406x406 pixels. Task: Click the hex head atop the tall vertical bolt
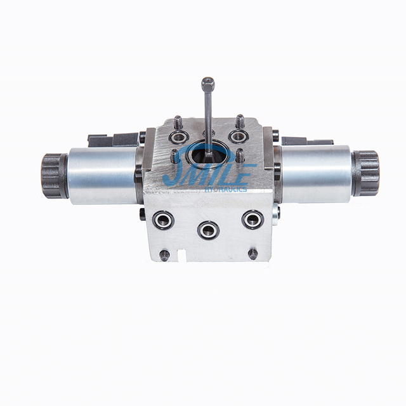[x=207, y=83]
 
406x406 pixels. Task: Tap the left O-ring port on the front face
[x=163, y=219]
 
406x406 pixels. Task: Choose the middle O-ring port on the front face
[x=208, y=229]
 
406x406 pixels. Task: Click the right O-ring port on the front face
[x=252, y=219]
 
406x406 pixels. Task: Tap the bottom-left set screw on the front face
[x=164, y=255]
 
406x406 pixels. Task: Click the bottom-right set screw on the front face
[x=252, y=254]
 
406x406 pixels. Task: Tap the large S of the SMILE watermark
[x=174, y=171]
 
